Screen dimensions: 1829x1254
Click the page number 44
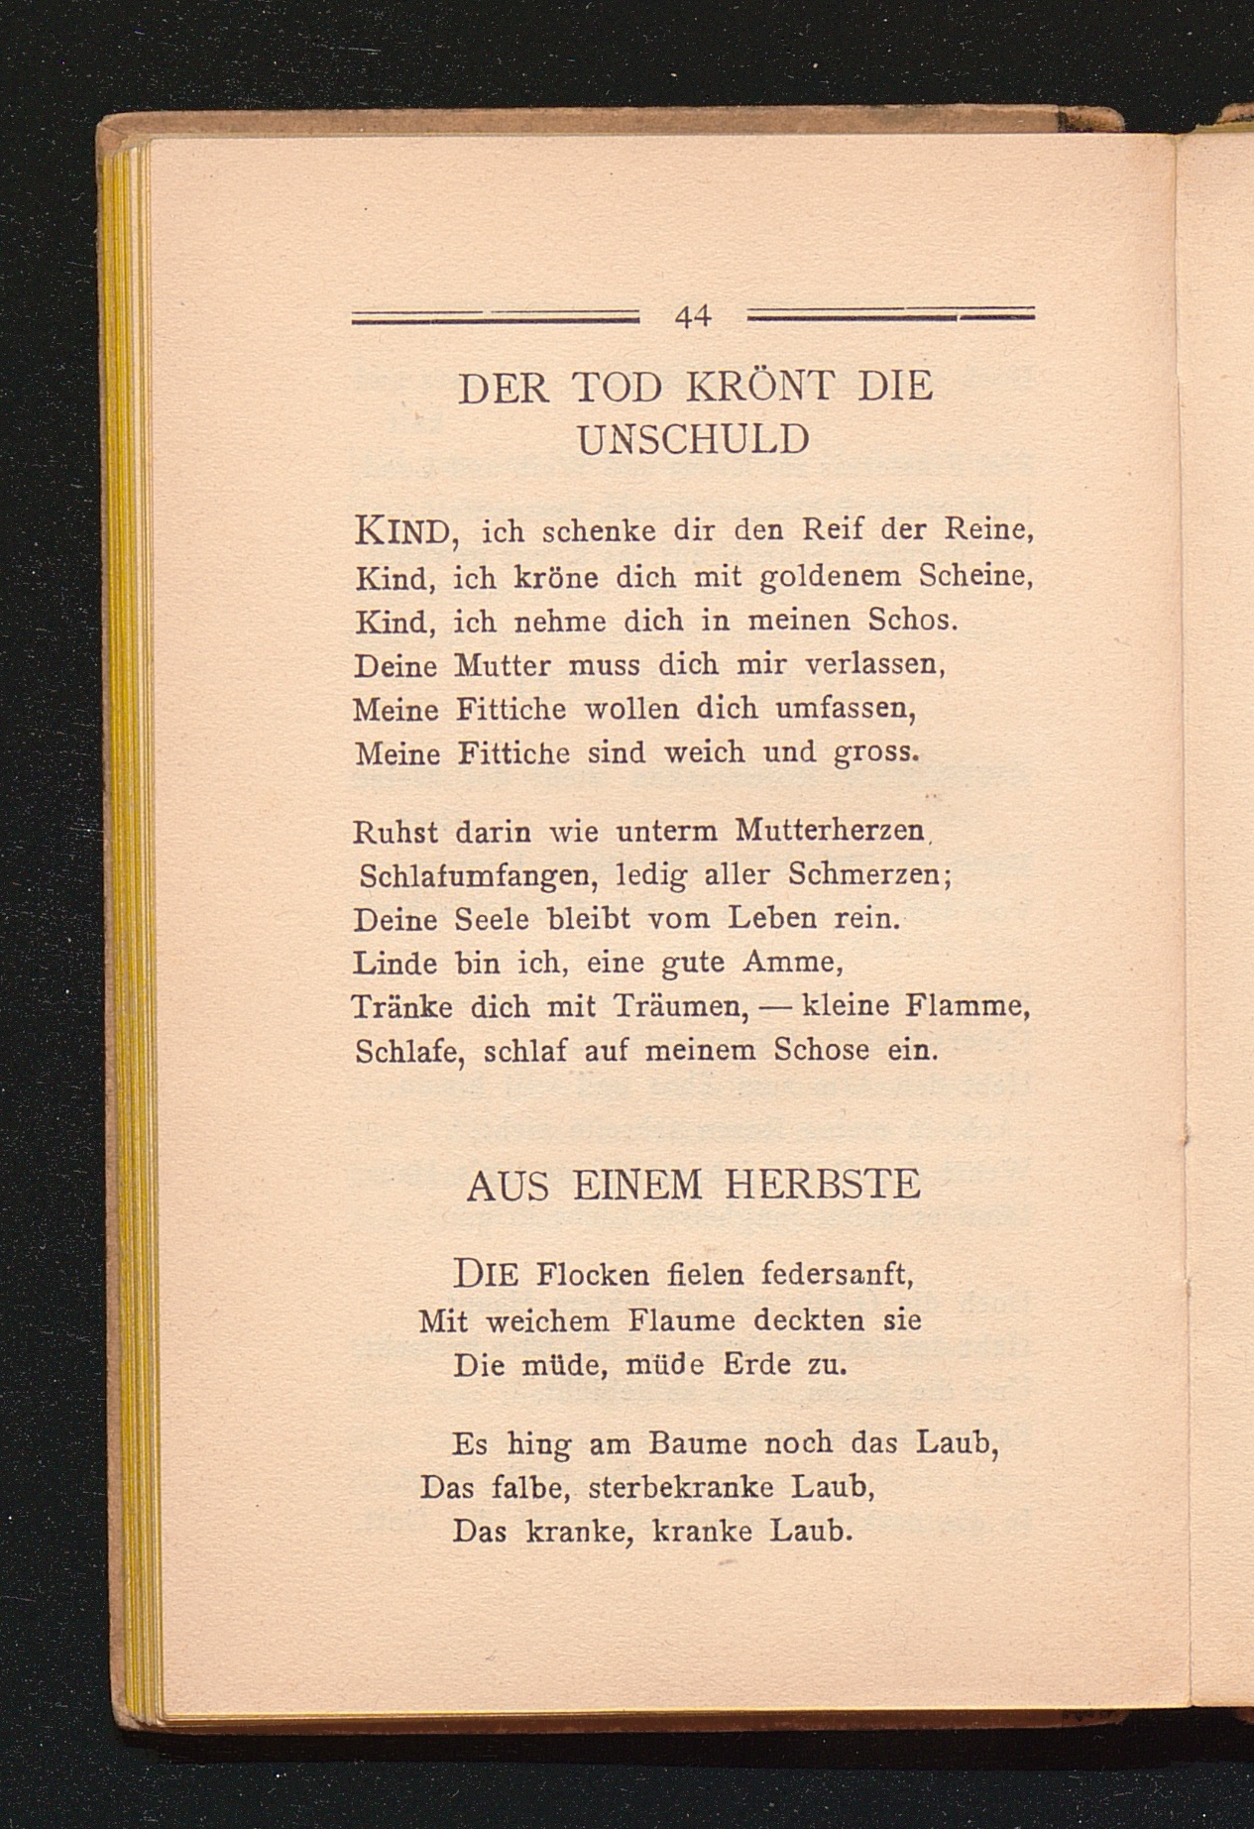click(x=693, y=316)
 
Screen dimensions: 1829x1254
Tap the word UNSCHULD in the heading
click(x=693, y=439)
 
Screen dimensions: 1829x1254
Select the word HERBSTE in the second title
click(x=823, y=1186)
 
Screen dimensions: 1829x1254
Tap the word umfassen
click(x=843, y=709)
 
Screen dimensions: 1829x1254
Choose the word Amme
click(x=791, y=963)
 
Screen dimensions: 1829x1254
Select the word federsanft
click(x=834, y=1274)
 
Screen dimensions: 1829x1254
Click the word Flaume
click(x=682, y=1320)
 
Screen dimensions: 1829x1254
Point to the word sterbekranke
click(x=694, y=1488)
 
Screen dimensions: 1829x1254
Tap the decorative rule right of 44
click(x=889, y=314)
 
